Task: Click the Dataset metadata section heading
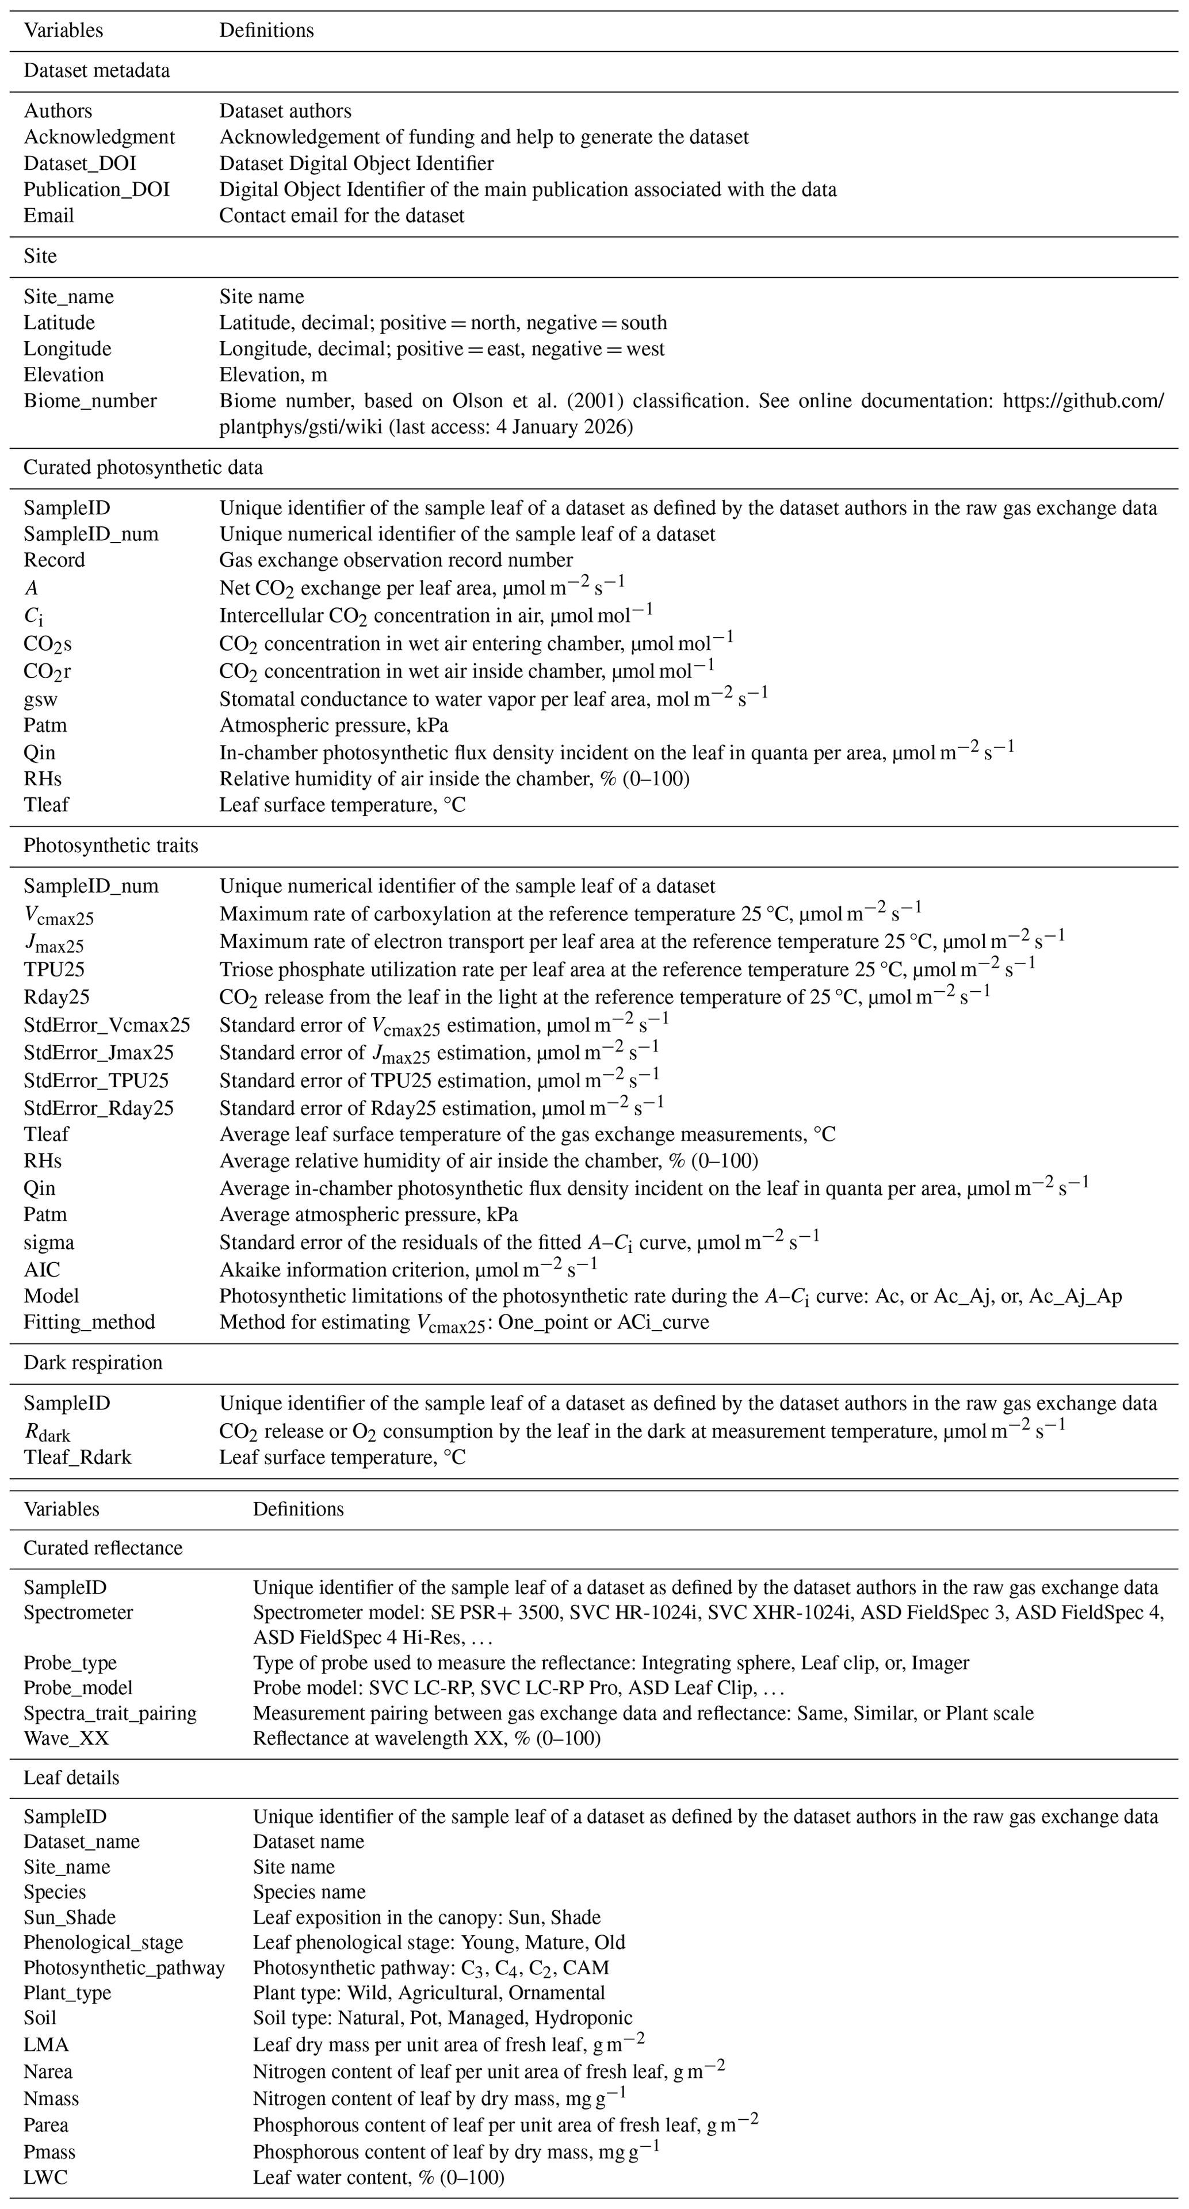click(97, 70)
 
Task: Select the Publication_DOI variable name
click(97, 189)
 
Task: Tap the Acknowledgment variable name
click(100, 137)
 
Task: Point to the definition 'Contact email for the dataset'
click(342, 216)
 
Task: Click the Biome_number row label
click(90, 402)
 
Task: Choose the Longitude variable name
click(68, 349)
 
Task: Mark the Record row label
click(54, 561)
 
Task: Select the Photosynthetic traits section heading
click(110, 846)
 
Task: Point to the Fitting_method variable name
click(89, 1323)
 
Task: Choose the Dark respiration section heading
click(93, 1363)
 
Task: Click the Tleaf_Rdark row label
click(78, 1458)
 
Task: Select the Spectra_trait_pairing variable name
click(110, 1713)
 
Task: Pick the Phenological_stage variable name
click(103, 1942)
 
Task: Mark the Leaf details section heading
click(71, 1778)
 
